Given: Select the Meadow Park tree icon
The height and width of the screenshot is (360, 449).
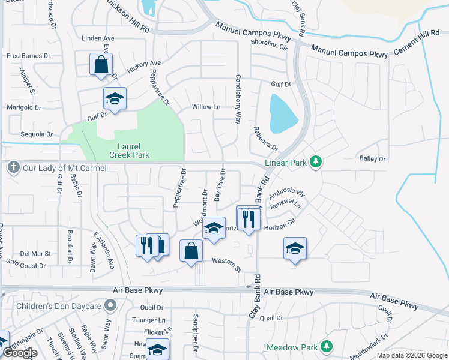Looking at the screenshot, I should pos(326,347).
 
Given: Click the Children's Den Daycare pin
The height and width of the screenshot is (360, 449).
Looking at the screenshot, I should pos(110,306).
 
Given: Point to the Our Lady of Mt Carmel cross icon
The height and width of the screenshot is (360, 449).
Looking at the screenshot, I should pos(14,169).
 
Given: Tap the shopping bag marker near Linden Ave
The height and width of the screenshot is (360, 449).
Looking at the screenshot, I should pos(101,64).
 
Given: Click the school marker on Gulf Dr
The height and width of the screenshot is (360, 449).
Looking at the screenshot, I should pos(114,99).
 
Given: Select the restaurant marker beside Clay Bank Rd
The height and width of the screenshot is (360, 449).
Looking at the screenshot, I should pos(248,218).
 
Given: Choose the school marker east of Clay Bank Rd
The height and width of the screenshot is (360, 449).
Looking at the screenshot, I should pos(295,248).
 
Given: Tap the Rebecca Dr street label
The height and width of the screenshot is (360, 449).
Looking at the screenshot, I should pos(265,139).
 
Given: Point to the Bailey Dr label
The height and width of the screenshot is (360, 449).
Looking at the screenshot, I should pos(372,159).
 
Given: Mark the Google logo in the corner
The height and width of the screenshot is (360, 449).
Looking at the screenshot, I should pos(20,353).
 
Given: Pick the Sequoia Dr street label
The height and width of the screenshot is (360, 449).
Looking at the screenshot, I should pos(37,134).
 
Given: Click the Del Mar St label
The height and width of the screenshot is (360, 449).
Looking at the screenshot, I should pos(33,253).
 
